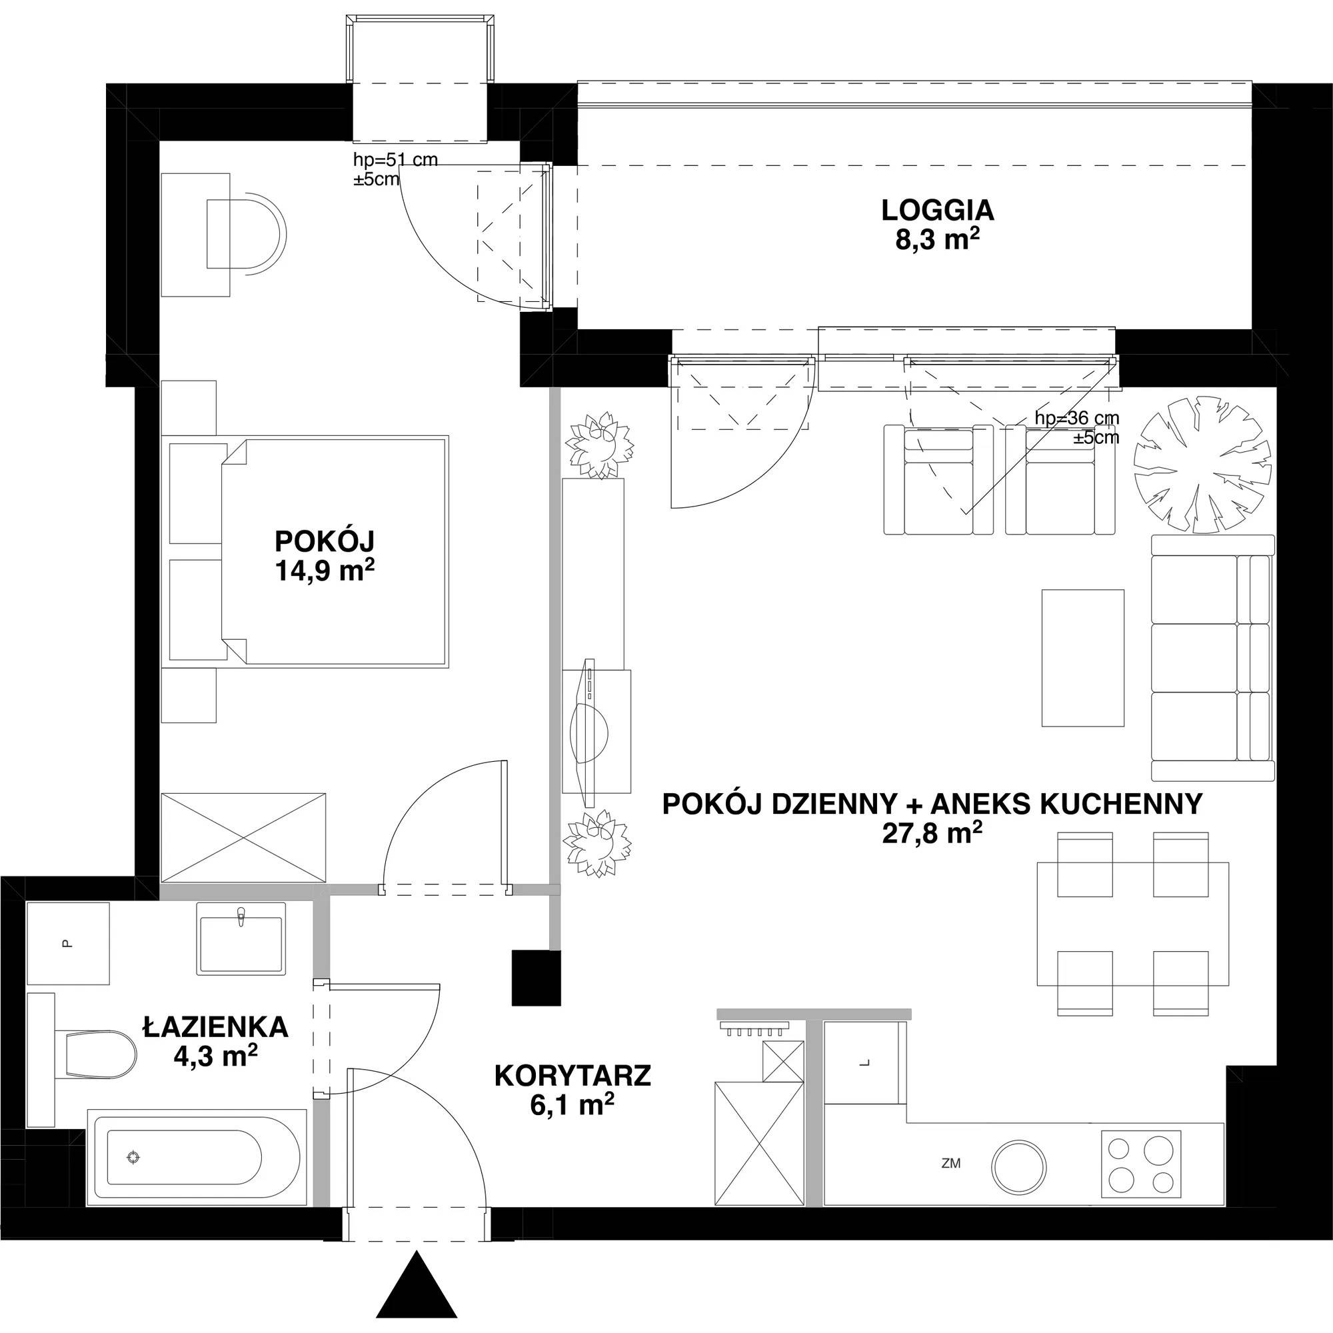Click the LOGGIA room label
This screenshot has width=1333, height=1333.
point(938,210)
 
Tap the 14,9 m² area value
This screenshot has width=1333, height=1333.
point(325,571)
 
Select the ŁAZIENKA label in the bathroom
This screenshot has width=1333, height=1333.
point(215,1026)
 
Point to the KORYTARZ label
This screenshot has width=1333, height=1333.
point(573,1076)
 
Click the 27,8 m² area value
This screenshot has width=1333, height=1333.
point(932,834)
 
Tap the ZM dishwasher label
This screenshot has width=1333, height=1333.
point(951,1163)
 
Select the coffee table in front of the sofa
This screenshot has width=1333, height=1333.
point(1082,658)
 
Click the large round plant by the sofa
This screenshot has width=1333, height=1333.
point(1202,465)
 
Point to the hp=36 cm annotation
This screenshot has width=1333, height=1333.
point(1077,418)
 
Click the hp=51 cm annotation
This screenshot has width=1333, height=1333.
point(395,160)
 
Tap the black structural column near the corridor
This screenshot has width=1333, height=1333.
point(537,978)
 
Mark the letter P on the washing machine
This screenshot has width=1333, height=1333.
point(67,943)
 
